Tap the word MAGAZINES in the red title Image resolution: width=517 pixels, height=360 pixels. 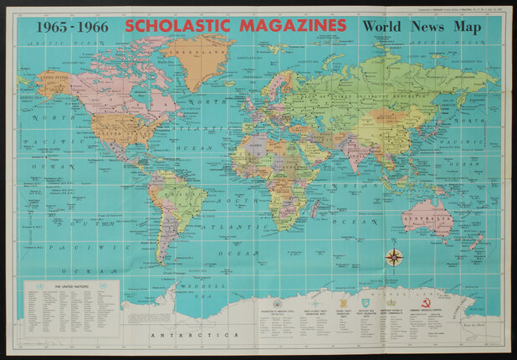tap(295, 25)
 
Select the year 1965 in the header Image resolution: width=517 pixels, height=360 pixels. tap(54, 26)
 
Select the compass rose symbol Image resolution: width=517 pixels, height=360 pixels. tap(394, 257)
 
